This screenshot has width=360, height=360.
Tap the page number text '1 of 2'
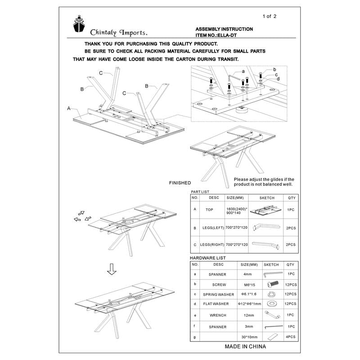tap(269, 17)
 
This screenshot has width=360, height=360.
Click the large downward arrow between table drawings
tap(112, 270)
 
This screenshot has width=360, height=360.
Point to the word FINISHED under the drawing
tap(180, 183)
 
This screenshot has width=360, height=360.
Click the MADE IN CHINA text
tap(245, 346)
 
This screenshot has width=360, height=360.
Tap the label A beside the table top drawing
tap(69, 108)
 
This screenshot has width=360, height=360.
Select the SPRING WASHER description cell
tap(219, 294)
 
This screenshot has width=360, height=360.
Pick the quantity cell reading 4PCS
tap(291, 337)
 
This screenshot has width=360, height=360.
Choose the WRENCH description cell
tap(218, 315)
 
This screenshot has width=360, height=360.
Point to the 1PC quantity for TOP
tap(291, 210)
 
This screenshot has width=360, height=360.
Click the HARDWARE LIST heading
tap(208, 258)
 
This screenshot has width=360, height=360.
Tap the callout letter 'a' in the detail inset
tap(243, 71)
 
